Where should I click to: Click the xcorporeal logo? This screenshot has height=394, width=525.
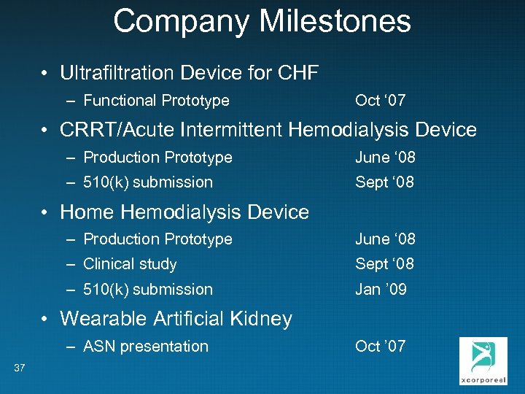coord(483,360)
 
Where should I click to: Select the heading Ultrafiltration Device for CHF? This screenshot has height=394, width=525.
coord(190,73)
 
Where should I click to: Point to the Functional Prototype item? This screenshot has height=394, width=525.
coord(156,101)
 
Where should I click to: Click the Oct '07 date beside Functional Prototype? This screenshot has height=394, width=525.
coord(380,101)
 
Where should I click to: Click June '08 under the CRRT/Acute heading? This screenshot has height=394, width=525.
coord(384,158)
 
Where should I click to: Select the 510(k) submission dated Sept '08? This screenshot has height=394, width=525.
coord(148,182)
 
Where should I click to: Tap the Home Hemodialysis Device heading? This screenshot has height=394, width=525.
coord(184,212)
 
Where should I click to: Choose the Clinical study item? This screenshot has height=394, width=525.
coord(130,264)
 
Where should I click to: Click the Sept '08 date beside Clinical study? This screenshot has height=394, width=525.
coord(384,264)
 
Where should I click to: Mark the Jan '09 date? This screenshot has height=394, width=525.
coord(381,290)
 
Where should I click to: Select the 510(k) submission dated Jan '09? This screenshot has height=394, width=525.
coord(148,290)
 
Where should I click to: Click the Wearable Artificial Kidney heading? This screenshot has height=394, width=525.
coord(176,319)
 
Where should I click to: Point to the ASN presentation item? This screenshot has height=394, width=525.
coord(146,347)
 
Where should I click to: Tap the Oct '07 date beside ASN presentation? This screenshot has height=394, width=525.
coord(380,347)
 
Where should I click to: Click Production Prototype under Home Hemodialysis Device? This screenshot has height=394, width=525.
coord(157,239)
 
